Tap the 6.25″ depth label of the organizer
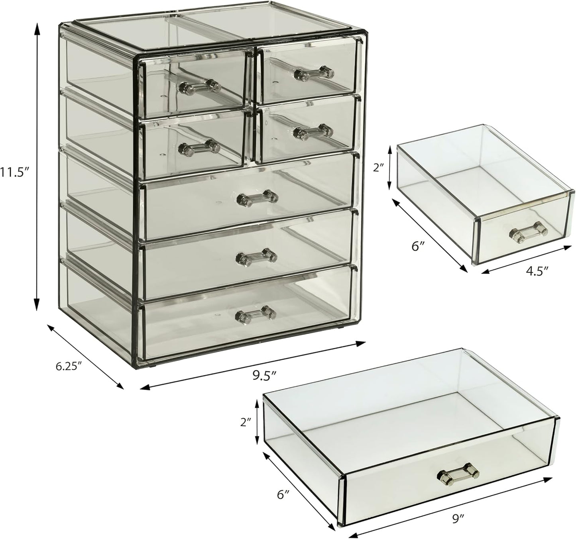click(69, 366)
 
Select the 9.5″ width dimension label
click(264, 375)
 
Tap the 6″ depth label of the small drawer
click(417, 247)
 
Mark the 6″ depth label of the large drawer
click(283, 495)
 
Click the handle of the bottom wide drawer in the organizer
click(256, 314)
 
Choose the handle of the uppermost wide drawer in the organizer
click(257, 198)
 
